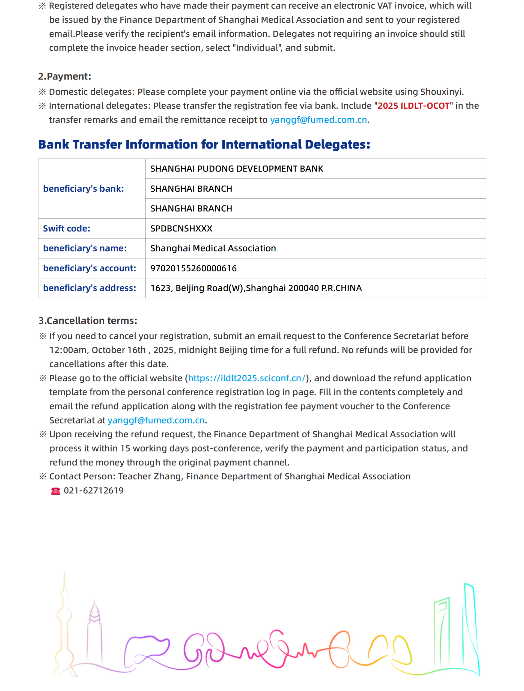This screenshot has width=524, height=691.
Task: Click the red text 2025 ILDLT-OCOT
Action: [x=413, y=106]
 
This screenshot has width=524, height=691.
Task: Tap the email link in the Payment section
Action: [x=318, y=120]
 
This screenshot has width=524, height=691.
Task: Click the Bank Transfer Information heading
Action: [x=204, y=144]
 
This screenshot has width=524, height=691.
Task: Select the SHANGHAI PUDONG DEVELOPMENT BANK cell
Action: [x=237, y=169]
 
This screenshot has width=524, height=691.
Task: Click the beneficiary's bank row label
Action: [x=84, y=189]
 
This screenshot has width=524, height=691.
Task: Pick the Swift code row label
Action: [x=67, y=228]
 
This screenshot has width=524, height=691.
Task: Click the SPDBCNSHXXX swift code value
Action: [x=181, y=228]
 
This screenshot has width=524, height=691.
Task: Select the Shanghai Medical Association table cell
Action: [x=213, y=248]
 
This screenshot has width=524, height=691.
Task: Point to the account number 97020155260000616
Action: [x=193, y=268]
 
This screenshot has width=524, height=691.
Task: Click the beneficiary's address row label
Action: [x=89, y=288]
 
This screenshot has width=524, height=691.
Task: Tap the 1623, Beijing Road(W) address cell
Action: [x=256, y=288]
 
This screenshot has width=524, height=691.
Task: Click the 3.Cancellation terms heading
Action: [x=88, y=321]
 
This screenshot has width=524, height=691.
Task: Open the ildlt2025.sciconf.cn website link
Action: [x=246, y=378]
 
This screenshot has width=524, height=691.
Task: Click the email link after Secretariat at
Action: [x=156, y=420]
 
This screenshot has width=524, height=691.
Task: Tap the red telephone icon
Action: [x=56, y=491]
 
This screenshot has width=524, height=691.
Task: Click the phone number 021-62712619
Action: [x=94, y=491]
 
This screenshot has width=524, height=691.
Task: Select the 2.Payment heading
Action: [x=65, y=76]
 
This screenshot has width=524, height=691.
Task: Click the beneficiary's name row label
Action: [x=85, y=248]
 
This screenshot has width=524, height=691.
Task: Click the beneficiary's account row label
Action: [x=89, y=268]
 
